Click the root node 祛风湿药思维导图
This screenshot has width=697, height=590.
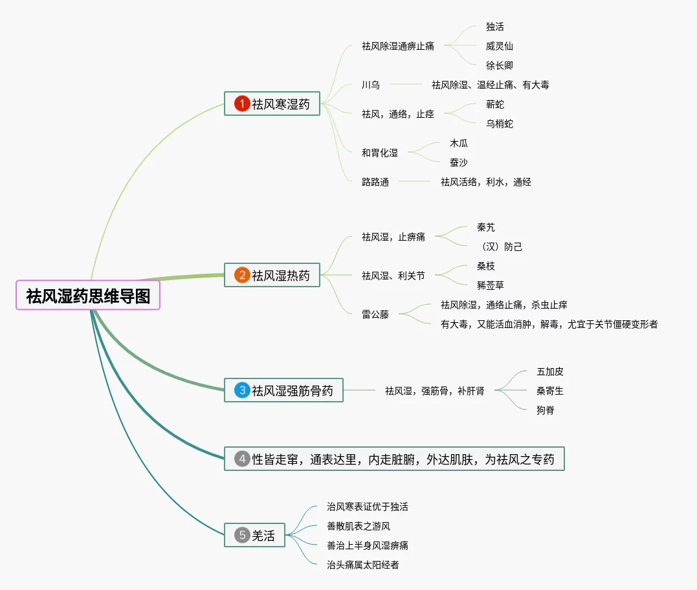[88, 296]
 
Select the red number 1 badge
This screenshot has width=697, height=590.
[242, 104]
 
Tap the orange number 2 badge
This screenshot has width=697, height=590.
[242, 276]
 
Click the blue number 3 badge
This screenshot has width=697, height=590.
[242, 390]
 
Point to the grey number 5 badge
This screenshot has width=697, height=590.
[242, 535]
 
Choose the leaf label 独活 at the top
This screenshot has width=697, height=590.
[495, 27]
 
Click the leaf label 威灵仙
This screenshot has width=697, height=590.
[500, 47]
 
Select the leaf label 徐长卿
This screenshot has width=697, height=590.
[500, 65]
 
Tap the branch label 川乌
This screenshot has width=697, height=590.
[371, 85]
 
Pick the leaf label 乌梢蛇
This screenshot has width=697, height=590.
[500, 124]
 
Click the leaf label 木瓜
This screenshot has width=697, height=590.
[459, 143]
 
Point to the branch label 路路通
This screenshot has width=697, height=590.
[375, 182]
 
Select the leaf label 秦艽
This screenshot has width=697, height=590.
[486, 227]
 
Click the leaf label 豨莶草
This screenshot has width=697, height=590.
[491, 285]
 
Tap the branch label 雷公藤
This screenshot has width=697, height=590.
[375, 315]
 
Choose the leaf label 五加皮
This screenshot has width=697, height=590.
[550, 372]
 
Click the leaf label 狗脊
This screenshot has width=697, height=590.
[546, 410]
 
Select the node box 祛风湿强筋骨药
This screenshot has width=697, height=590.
[284, 390]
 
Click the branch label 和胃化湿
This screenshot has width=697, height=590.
[380, 153]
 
